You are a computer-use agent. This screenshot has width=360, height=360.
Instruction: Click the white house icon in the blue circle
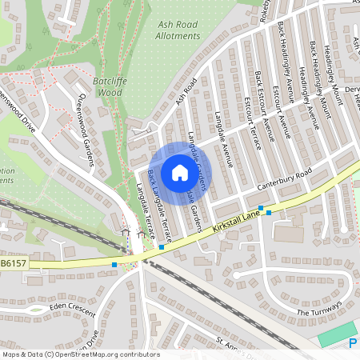click(x=179, y=172)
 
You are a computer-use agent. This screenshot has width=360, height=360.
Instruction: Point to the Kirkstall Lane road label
click(x=238, y=222)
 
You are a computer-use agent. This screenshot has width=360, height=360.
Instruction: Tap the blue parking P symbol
click(x=354, y=343)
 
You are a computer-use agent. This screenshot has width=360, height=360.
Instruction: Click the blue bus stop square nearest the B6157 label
click(x=114, y=264)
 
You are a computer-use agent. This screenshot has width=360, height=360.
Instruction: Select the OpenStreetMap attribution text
click(x=80, y=354)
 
